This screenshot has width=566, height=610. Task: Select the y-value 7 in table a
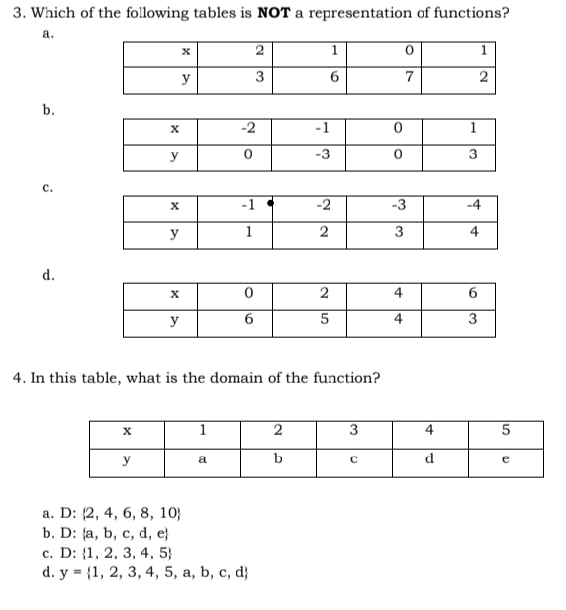click(x=396, y=78)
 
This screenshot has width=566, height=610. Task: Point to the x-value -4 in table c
click(x=476, y=206)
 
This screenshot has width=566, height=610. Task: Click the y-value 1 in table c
click(x=249, y=232)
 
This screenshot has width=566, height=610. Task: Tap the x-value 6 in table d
click(x=475, y=293)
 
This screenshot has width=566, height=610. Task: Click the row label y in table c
click(x=175, y=232)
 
